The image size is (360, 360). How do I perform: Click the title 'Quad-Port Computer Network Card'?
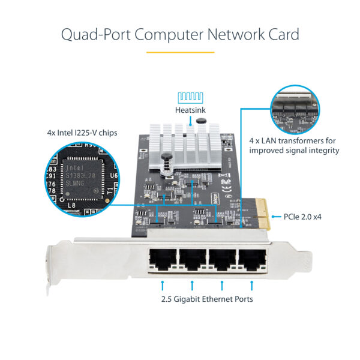[x=180, y=34]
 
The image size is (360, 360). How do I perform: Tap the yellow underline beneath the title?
[x=180, y=52]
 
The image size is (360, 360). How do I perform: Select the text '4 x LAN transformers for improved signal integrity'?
[x=294, y=145]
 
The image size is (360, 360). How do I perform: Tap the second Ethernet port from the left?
[x=193, y=260]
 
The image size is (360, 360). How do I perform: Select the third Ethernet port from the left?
[x=223, y=260]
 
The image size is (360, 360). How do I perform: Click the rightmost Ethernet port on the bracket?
[x=252, y=260]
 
